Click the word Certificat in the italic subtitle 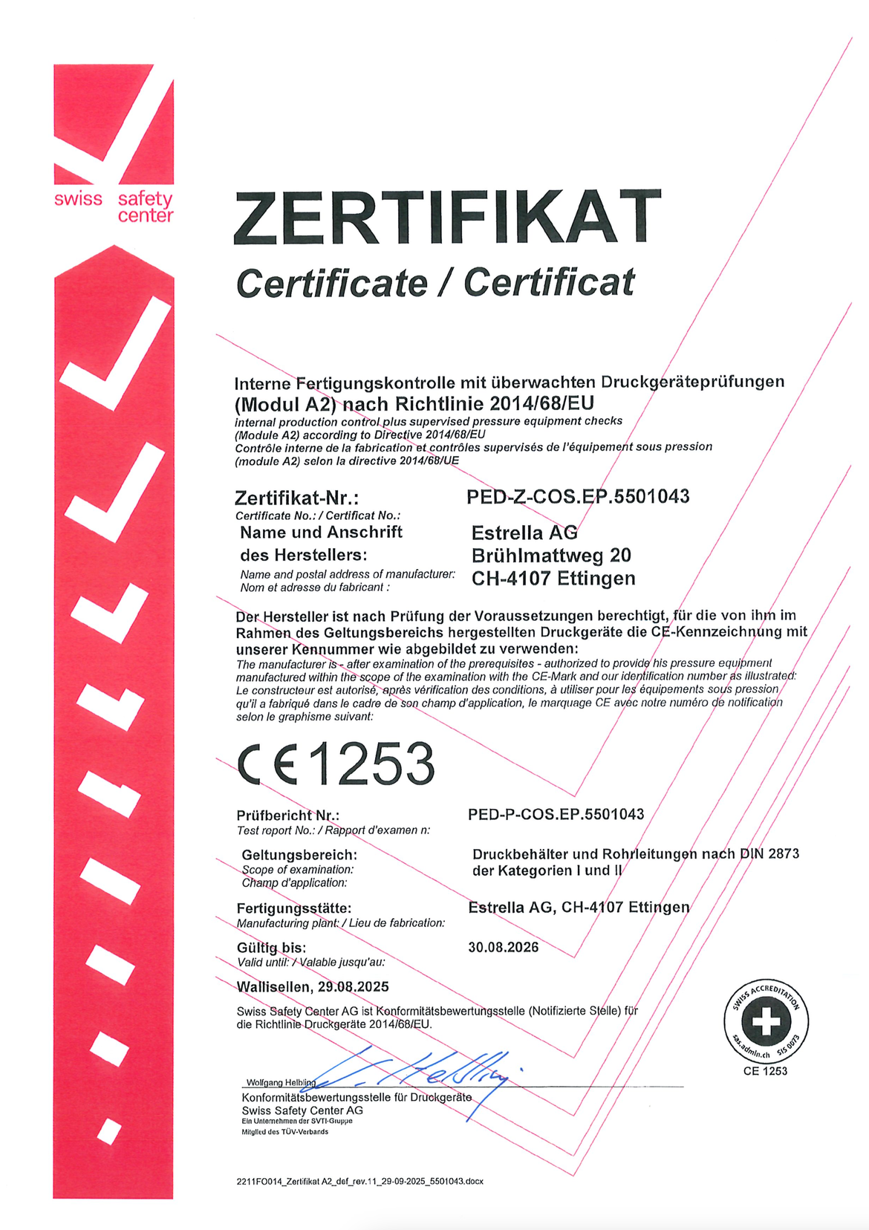(x=550, y=283)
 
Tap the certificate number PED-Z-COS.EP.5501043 (x=578, y=496)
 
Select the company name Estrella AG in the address (x=524, y=533)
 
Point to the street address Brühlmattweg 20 (x=551, y=556)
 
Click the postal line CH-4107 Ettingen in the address (x=553, y=579)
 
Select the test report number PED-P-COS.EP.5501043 (x=556, y=814)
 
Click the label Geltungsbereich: (x=299, y=855)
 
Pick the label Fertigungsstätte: (x=294, y=908)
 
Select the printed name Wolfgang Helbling (x=281, y=1082)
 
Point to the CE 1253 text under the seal (x=765, y=1071)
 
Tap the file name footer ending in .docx (x=359, y=1181)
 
